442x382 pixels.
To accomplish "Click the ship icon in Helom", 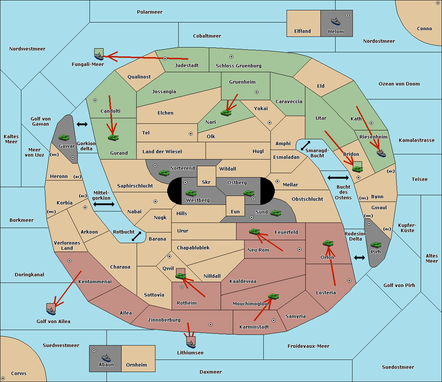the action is [336, 21].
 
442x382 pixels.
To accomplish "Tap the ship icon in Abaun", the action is [106, 358].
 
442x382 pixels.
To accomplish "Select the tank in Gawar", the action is [64, 137].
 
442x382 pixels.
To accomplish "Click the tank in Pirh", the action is [376, 245].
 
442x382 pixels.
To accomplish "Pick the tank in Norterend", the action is [164, 173].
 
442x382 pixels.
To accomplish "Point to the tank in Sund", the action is [276, 213].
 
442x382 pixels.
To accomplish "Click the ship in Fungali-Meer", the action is [99, 56].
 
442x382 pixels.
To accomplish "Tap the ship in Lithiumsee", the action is [191, 344].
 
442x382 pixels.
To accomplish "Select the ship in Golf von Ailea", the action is [51, 311].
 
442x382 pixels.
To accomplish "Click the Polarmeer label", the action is [150, 12].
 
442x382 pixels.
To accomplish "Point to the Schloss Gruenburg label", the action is [238, 66].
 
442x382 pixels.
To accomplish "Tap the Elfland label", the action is [302, 31].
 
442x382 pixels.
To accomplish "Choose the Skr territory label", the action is [206, 182].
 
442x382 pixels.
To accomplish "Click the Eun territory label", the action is [235, 211].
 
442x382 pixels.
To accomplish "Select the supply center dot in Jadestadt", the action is [165, 59].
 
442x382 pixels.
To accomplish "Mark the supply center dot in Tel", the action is [191, 134].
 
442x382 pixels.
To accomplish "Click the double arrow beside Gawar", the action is [82, 124].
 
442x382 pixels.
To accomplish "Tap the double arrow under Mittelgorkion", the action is [104, 204].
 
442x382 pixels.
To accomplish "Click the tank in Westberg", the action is [191, 193].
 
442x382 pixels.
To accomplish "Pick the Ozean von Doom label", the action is [399, 84].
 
